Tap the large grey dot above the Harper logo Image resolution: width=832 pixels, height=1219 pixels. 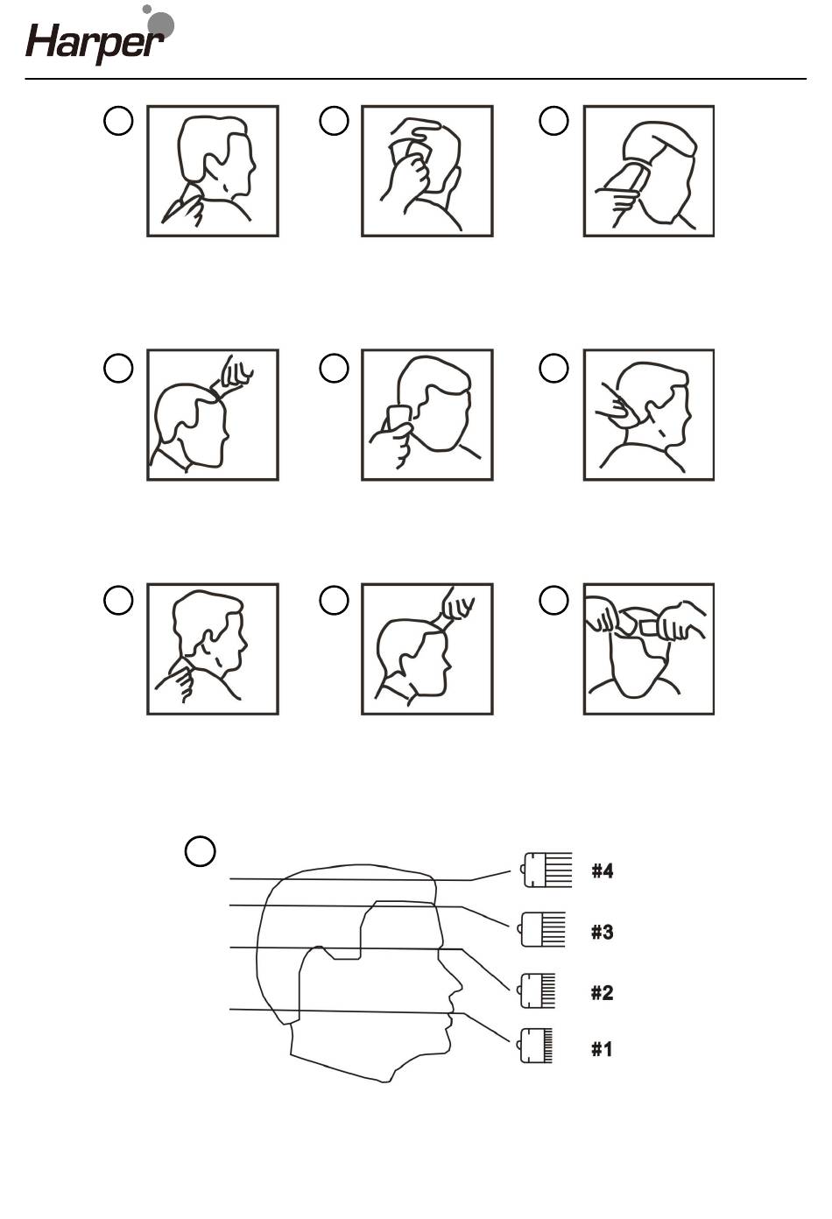pos(162,25)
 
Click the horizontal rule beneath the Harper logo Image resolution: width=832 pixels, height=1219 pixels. pos(415,79)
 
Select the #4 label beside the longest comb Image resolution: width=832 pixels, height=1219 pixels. pos(602,870)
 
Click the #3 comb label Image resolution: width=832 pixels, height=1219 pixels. pos(602,932)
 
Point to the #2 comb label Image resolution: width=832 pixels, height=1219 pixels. pos(602,992)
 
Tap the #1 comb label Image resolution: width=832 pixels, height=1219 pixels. pos(602,1048)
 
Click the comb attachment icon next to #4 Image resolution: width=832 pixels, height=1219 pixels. pos(546,870)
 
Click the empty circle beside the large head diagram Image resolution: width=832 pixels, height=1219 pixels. pos(201,851)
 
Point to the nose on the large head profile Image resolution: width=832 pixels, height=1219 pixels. pos(455,993)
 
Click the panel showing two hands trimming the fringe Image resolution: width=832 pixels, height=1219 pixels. pos(649,649)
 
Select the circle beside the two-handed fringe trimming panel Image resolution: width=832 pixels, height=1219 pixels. pos(553,601)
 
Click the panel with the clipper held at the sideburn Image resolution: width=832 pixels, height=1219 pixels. pos(427,415)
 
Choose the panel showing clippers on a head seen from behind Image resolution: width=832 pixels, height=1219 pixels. pos(649,172)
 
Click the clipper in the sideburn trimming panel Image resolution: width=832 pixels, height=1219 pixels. pos(398,417)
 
